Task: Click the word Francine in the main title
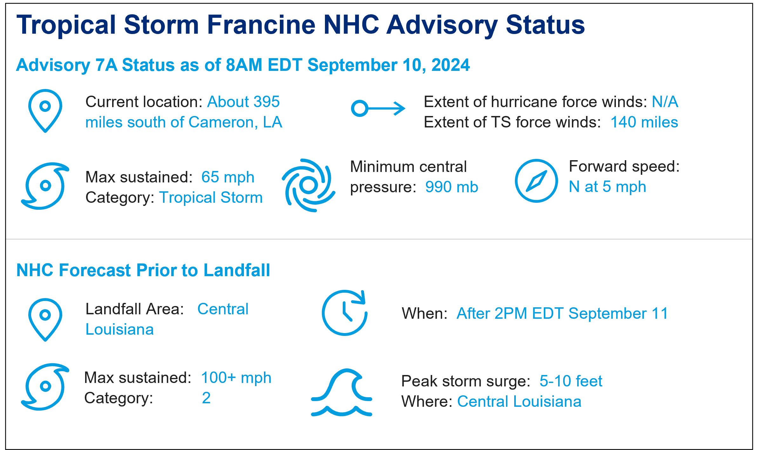tap(261, 24)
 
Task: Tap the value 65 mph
tap(228, 177)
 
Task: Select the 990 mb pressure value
tap(452, 187)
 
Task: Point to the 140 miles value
tap(644, 122)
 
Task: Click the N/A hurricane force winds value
tap(665, 102)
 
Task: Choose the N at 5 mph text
tap(607, 187)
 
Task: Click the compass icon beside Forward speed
tap(536, 181)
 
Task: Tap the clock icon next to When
tap(345, 313)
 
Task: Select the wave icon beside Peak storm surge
tap(341, 392)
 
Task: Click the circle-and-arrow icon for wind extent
tap(378, 108)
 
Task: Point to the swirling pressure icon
tap(308, 185)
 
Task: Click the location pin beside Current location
tap(45, 111)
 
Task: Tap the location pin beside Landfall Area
tap(45, 320)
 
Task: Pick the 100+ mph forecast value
tap(236, 378)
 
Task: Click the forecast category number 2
tap(206, 398)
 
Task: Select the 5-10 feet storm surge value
tap(571, 381)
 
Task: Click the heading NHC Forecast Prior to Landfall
tap(143, 270)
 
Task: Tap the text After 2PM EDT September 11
tap(562, 314)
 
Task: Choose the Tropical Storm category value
tap(211, 198)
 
